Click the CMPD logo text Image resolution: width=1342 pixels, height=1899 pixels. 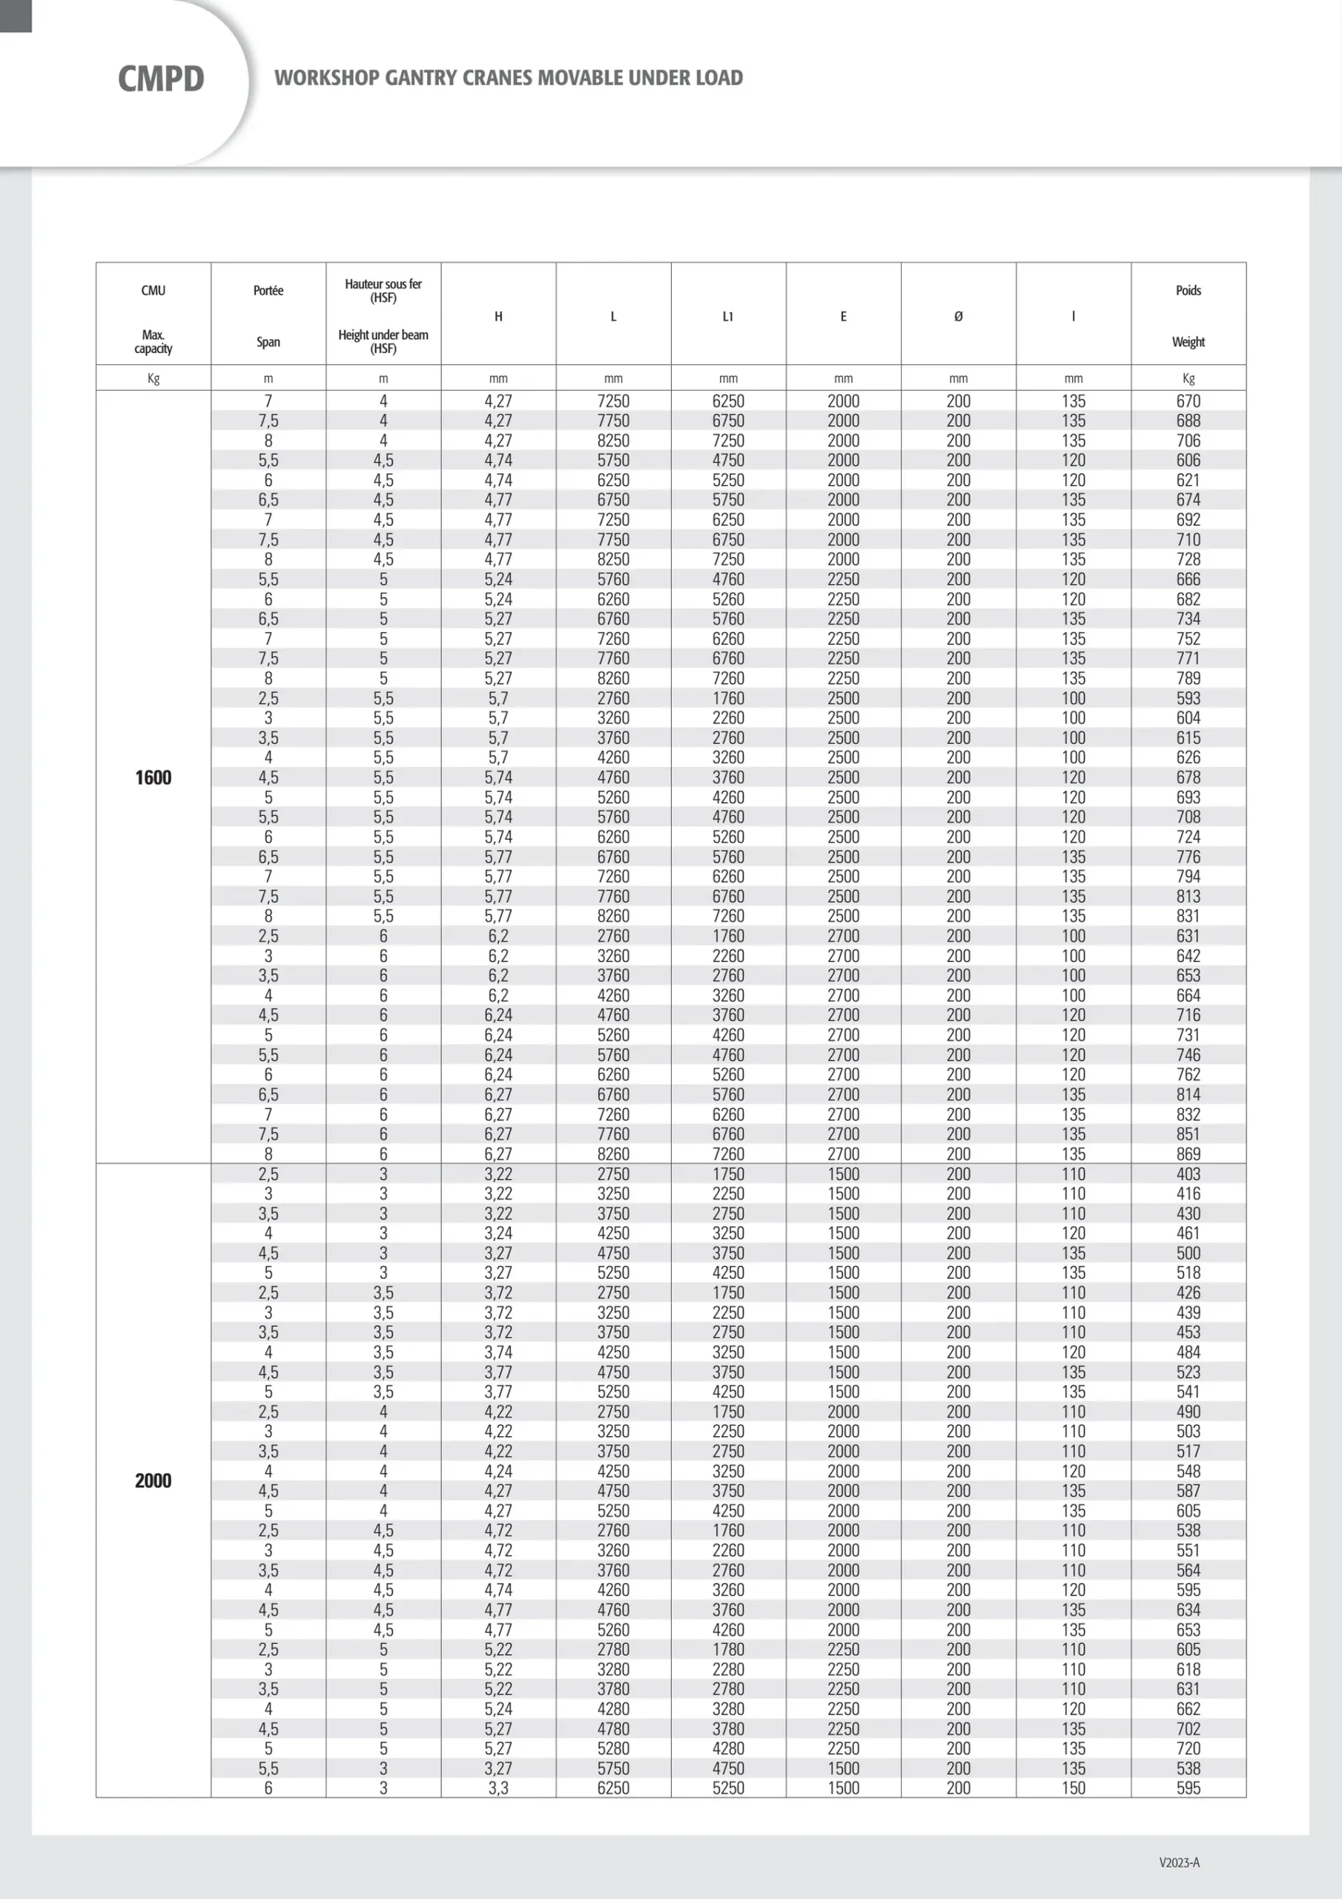tap(160, 79)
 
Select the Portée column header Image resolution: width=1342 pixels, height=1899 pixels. tap(268, 290)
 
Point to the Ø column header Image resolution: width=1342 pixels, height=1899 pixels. tap(959, 316)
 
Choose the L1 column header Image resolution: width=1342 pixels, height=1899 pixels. tap(727, 316)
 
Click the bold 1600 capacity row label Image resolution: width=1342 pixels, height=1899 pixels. tap(153, 777)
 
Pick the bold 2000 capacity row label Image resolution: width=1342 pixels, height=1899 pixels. tap(153, 1481)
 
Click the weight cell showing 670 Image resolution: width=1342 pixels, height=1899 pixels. tap(1189, 401)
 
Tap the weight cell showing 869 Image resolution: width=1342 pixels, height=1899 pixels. tap(1189, 1153)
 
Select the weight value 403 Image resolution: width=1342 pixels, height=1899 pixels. tap(1189, 1174)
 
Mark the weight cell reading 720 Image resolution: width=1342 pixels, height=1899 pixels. tap(1189, 1748)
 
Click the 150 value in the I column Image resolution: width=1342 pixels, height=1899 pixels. tap(1074, 1788)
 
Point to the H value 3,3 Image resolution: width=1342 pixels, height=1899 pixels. tap(498, 1788)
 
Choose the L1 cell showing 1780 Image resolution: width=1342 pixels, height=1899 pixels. tap(727, 1649)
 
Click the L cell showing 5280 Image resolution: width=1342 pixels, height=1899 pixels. tap(612, 1748)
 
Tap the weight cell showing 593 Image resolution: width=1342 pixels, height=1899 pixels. tap(1189, 698)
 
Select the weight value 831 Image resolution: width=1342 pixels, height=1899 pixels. tap(1189, 915)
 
